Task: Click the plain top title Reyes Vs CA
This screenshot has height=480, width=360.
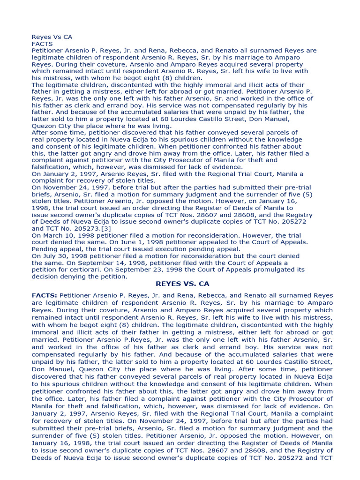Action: click(52, 37)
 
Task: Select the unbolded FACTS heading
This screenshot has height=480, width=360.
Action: click(42, 44)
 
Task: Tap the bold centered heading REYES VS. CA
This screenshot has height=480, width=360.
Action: click(182, 284)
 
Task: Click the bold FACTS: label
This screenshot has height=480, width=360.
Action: click(45, 296)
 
